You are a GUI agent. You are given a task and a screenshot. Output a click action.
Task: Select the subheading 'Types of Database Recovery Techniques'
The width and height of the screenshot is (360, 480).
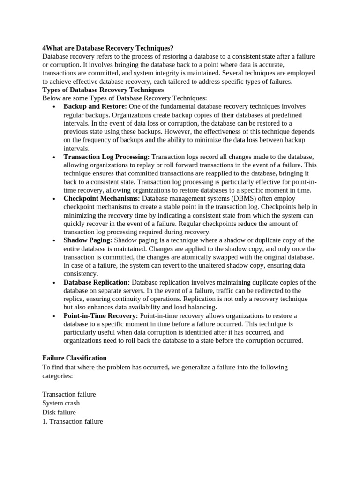(103, 90)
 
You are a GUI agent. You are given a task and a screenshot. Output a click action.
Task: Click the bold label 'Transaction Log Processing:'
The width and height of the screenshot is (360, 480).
(106, 157)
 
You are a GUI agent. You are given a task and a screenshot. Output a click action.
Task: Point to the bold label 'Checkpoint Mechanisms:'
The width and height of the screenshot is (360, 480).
(102, 199)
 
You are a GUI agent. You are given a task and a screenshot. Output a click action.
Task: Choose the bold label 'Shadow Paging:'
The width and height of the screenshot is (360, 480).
(88, 240)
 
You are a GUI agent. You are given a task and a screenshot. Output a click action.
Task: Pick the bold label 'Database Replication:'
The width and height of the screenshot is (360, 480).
(97, 282)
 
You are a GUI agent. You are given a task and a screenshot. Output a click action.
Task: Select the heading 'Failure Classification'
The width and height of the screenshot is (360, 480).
(75, 358)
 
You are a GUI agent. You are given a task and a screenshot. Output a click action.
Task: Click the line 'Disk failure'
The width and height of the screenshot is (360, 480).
(59, 412)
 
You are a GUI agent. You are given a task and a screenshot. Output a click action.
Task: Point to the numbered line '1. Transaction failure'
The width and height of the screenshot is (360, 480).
(72, 421)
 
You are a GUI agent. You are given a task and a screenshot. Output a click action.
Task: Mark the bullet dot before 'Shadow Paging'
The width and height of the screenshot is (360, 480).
(54, 241)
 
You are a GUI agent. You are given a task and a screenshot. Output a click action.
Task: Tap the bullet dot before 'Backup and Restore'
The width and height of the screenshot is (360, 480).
(54, 107)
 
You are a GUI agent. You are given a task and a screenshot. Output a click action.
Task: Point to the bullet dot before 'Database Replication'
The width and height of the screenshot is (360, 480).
(54, 283)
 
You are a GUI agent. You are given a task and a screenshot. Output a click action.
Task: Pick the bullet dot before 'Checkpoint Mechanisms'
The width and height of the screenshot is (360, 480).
(54, 199)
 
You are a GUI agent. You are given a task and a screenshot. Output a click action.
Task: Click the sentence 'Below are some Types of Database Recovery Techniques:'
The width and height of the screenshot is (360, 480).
(124, 98)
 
